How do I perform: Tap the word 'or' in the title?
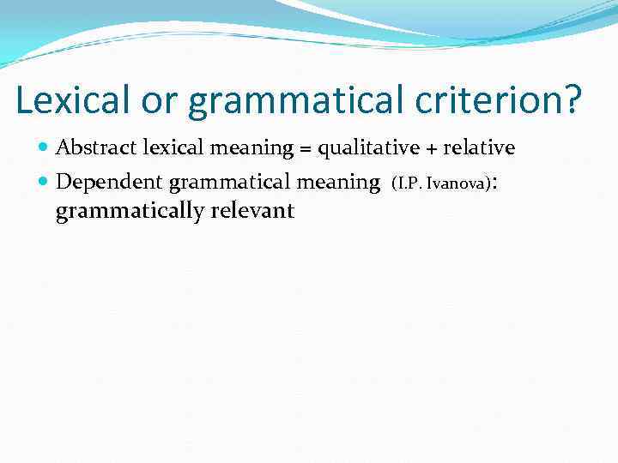[x=159, y=101]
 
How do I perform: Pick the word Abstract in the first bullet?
[x=90, y=147]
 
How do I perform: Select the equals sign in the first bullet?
[x=305, y=149]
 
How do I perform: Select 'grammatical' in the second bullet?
[x=230, y=183]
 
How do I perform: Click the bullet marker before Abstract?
[x=44, y=148]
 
